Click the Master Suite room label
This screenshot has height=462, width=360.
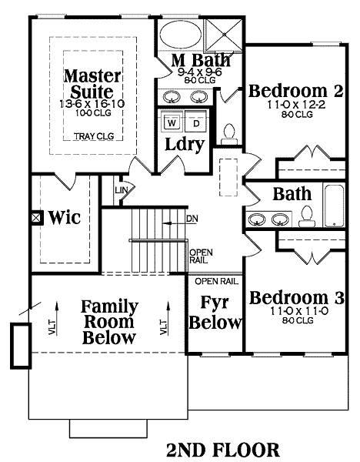[92, 84]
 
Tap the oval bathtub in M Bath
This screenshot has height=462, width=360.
[181, 34]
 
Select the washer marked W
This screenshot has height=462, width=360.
[172, 123]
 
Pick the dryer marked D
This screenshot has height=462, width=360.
[195, 123]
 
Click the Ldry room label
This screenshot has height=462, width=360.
[185, 145]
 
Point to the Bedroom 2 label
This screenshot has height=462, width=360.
[296, 91]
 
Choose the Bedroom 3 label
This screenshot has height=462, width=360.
[296, 297]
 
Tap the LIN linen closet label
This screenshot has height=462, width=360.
[122, 190]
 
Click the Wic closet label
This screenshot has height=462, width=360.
[64, 217]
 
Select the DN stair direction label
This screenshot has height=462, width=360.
[192, 219]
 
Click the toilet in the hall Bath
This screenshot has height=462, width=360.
[307, 216]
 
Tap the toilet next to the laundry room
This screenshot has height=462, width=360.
[228, 134]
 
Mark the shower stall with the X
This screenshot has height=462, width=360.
[224, 35]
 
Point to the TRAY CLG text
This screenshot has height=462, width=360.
[94, 136]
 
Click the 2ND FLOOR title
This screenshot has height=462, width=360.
[223, 450]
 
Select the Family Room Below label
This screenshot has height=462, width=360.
[109, 322]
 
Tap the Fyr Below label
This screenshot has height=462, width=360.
[215, 313]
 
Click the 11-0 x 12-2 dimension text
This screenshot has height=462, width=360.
[296, 105]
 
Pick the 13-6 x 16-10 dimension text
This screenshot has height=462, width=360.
[92, 104]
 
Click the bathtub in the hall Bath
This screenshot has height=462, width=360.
[335, 206]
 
